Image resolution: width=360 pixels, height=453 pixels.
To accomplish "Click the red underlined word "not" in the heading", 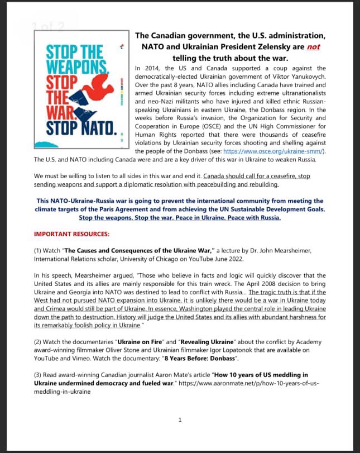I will (x=313, y=47).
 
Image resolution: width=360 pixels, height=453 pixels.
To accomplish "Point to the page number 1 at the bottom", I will (x=180, y=420).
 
